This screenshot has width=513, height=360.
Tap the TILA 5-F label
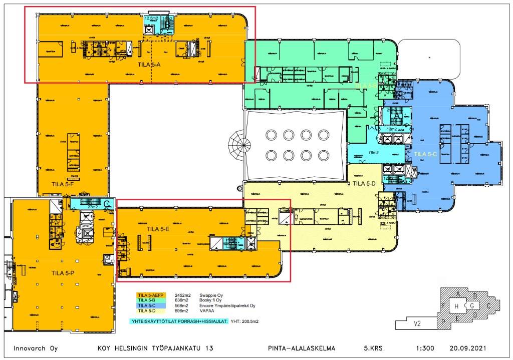click(63, 184)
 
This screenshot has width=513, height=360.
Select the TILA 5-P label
click(63, 273)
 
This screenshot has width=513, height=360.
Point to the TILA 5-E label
click(158, 229)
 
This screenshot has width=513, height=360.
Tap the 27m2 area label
click(92, 206)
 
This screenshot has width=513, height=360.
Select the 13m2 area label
click(392, 129)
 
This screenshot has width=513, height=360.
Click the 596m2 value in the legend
click(181, 310)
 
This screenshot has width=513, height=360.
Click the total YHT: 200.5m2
click(247, 321)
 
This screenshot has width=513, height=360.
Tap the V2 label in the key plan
click(416, 324)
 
